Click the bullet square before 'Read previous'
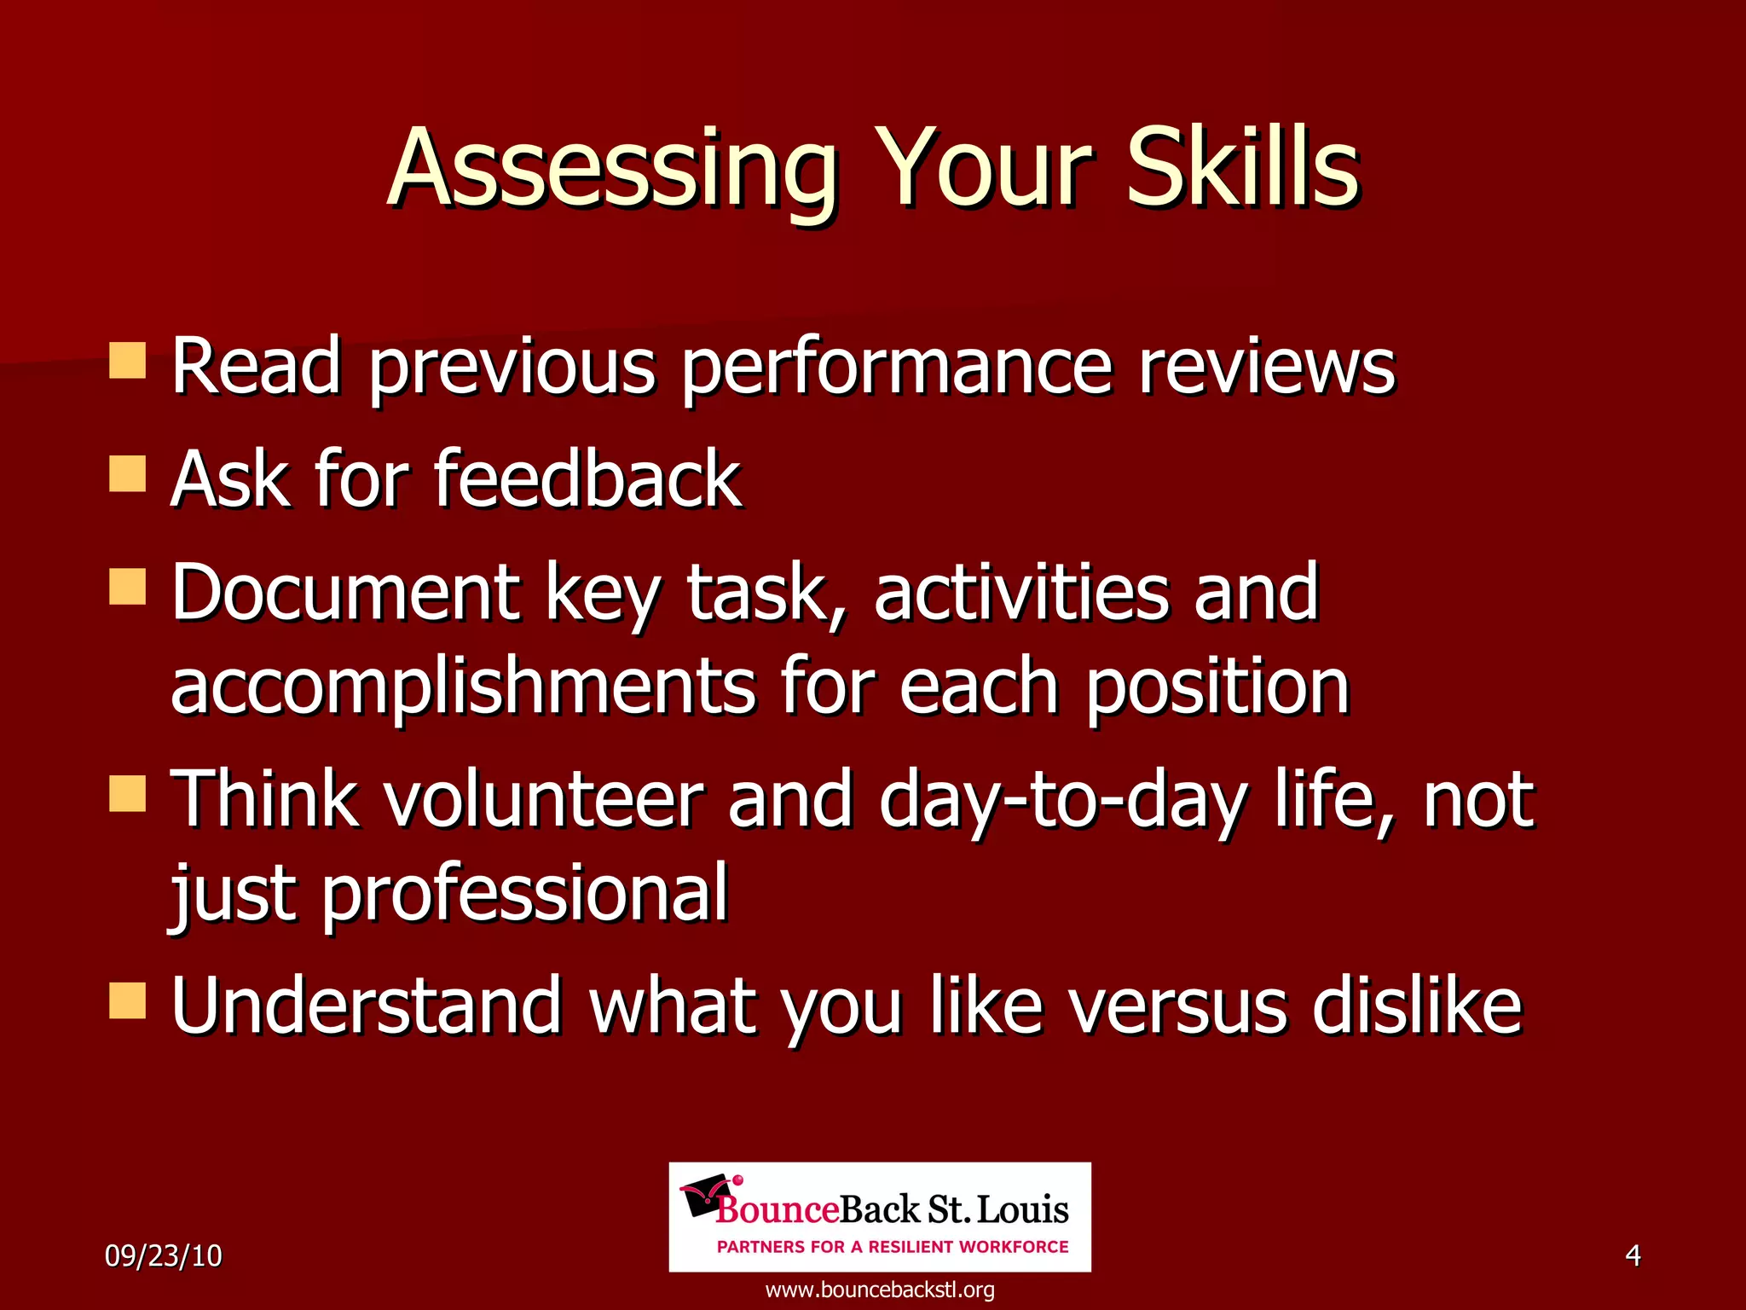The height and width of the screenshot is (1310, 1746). [x=128, y=360]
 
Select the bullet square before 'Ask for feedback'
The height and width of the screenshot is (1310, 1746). [x=128, y=473]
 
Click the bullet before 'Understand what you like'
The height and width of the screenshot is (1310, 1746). [x=128, y=1000]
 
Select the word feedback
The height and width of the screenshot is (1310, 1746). [x=587, y=479]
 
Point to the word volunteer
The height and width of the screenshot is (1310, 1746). [x=542, y=799]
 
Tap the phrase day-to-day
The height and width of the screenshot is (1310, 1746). [x=1062, y=799]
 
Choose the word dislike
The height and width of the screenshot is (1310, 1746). [x=1416, y=1006]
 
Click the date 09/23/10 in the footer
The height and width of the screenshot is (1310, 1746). [x=163, y=1255]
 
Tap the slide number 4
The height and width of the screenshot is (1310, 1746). [x=1633, y=1255]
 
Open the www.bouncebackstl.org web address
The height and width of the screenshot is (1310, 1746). [x=880, y=1290]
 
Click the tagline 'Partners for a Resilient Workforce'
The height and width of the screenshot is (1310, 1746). [x=893, y=1247]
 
